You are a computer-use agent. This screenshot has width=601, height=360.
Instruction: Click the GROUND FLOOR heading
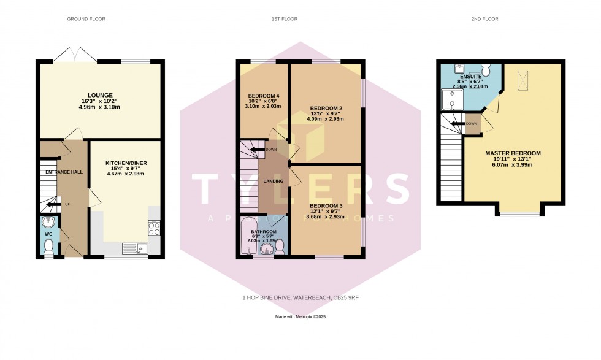coord(86,19)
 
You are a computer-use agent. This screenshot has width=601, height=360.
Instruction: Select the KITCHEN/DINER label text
coord(126,163)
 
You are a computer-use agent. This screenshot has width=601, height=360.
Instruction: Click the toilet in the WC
coord(49,246)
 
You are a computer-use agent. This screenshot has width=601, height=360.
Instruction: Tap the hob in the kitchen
coord(154,228)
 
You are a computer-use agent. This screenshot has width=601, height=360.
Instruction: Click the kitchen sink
coord(134,248)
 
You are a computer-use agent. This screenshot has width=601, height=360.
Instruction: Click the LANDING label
coord(273,181)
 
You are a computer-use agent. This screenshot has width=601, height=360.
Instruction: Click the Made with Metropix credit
coord(300,317)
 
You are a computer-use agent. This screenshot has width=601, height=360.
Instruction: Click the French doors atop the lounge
coord(74,56)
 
